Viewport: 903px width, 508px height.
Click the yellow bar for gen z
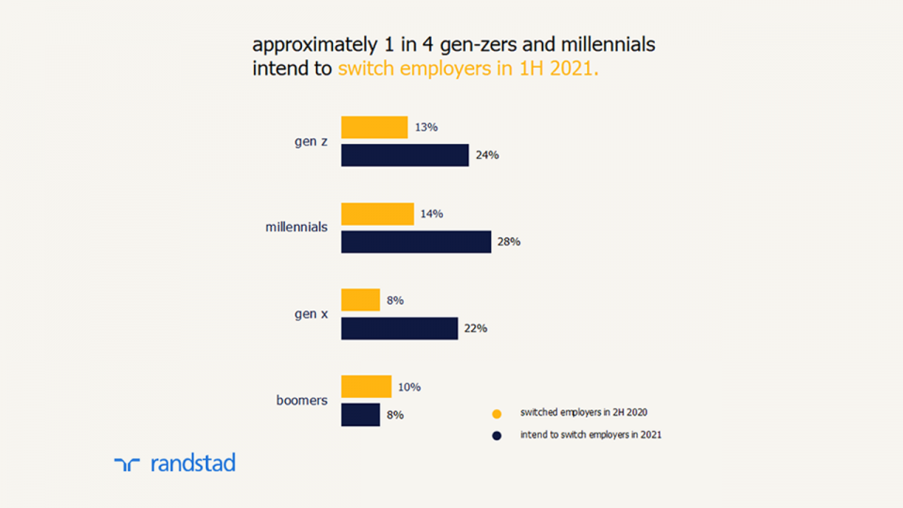[374, 127]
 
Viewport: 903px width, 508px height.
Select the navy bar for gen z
[404, 155]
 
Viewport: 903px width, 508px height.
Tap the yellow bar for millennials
[377, 214]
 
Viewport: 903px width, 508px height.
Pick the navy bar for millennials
[416, 242]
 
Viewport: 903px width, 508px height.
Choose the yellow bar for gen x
[360, 300]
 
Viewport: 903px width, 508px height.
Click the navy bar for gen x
[399, 328]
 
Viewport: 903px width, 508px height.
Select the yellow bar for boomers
[366, 387]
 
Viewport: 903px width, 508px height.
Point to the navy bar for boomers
[360, 415]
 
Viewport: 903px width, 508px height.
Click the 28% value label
[509, 242]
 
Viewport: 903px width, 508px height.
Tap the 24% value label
[486, 155]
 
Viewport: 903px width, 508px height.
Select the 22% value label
[475, 328]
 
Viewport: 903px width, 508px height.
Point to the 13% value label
[426, 127]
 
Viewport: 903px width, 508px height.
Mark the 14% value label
[432, 214]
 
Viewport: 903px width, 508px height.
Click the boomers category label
[301, 400]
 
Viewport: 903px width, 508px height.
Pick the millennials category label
[296, 227]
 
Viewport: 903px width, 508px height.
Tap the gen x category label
[310, 313]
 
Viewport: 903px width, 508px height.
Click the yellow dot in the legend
[497, 413]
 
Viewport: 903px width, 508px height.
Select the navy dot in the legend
[497, 436]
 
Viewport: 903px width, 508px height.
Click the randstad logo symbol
[127, 463]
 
